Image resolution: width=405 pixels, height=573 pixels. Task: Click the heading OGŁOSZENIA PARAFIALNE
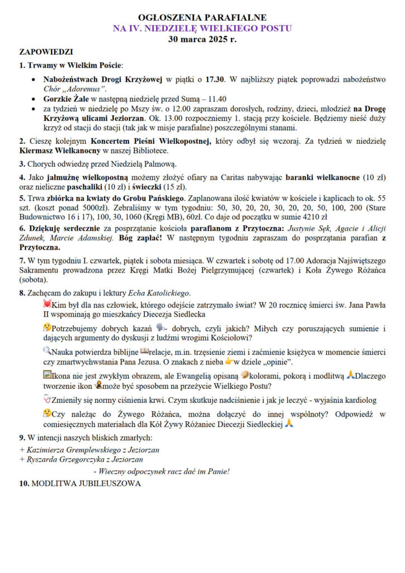(x=202, y=18)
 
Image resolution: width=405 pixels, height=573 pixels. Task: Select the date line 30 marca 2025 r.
(x=202, y=40)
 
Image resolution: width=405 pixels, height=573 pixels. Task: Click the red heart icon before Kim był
(x=46, y=304)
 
